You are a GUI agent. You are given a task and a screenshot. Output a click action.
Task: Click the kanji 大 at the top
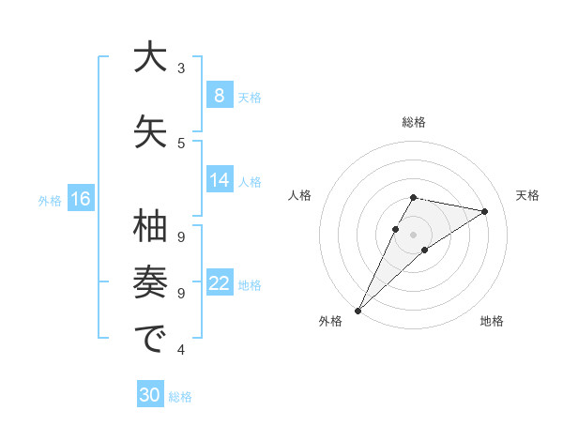[x=150, y=58]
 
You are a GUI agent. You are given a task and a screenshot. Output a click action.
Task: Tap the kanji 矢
[x=150, y=130]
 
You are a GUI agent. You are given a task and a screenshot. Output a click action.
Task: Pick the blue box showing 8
[x=219, y=95]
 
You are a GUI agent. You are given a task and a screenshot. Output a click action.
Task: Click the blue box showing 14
[x=219, y=180]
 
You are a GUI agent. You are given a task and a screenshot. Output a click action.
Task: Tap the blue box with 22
[x=219, y=283]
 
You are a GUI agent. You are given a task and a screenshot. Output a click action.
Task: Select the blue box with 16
[x=80, y=199]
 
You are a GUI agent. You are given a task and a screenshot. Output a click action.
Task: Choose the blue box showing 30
[x=150, y=395]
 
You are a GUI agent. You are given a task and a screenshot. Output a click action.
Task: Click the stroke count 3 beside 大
[x=181, y=68]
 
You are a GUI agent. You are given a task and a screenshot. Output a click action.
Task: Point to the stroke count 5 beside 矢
[x=181, y=143]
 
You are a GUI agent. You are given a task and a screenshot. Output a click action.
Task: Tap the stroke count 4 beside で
[x=181, y=350]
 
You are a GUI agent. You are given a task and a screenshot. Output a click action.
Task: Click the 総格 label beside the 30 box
[x=180, y=397]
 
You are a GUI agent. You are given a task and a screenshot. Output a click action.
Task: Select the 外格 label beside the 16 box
[x=49, y=200]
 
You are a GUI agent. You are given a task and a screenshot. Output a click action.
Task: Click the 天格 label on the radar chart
[x=527, y=195]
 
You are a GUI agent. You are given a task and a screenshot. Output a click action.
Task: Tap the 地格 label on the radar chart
[x=492, y=321]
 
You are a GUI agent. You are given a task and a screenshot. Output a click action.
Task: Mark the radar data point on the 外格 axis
[x=358, y=310]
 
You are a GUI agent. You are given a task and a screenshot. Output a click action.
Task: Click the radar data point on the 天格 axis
[x=484, y=211]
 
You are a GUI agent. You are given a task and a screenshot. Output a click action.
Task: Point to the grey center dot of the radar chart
[x=413, y=234]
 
